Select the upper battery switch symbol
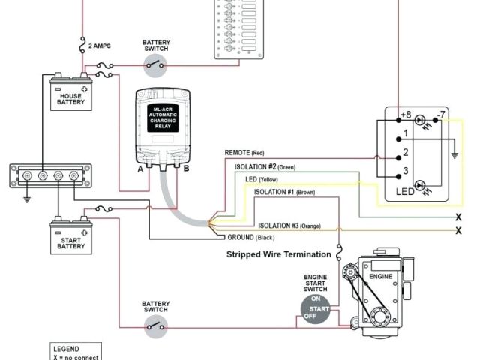pos(156,65)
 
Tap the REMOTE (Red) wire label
pos(245,153)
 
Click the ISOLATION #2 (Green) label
pos(266,166)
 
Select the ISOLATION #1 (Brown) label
pos(284,193)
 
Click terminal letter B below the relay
pos(187,169)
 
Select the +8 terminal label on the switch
pos(405,115)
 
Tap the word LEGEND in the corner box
pos(67,349)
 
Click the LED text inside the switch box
pos(405,193)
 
